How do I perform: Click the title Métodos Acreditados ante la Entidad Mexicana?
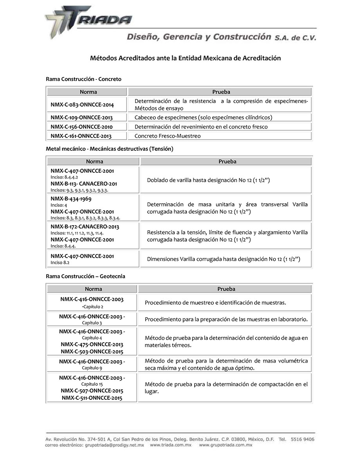tap(185, 58)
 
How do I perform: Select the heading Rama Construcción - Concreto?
tap(83, 79)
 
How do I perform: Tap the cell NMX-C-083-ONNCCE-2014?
tap(82, 105)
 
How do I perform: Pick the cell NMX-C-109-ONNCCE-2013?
tap(81, 117)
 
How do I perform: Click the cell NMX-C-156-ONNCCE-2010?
tap(81, 127)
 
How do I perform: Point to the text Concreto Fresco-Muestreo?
tap(167, 136)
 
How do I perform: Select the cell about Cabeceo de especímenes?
tap(203, 117)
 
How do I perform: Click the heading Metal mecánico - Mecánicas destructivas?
tap(109, 149)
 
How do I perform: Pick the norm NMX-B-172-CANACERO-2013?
tap(85, 227)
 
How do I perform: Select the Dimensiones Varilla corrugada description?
tap(223, 259)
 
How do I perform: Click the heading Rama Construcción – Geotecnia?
tap(85, 276)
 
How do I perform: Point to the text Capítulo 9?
tap(92, 368)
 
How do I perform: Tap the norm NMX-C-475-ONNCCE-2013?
tap(92, 345)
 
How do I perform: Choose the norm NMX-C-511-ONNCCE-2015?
tap(92, 398)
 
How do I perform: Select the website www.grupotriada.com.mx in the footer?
tap(226, 445)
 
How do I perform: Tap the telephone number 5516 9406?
tap(302, 439)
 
